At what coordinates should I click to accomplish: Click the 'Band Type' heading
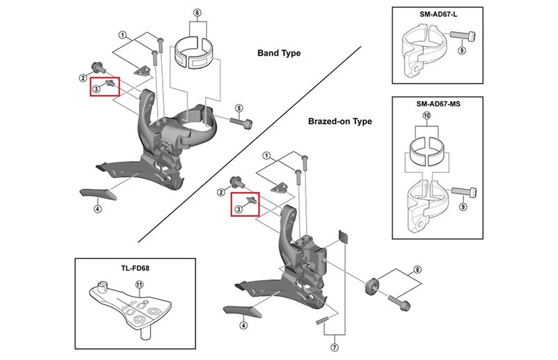pyautogui.click(x=279, y=53)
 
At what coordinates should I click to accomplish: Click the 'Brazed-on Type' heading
pyautogui.click(x=340, y=121)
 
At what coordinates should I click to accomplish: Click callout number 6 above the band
pyautogui.click(x=197, y=13)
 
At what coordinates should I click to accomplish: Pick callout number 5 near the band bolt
pyautogui.click(x=239, y=108)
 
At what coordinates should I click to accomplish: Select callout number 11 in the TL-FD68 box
pyautogui.click(x=139, y=284)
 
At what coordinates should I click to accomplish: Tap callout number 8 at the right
pyautogui.click(x=417, y=269)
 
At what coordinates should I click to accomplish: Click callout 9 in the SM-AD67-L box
pyautogui.click(x=461, y=50)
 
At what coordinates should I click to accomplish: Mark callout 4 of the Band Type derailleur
pyautogui.click(x=97, y=208)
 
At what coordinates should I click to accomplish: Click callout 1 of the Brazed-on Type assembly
pyautogui.click(x=266, y=155)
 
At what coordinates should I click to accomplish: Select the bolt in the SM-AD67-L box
pyautogui.click(x=463, y=36)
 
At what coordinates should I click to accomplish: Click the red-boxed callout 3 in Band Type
pyautogui.click(x=98, y=88)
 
